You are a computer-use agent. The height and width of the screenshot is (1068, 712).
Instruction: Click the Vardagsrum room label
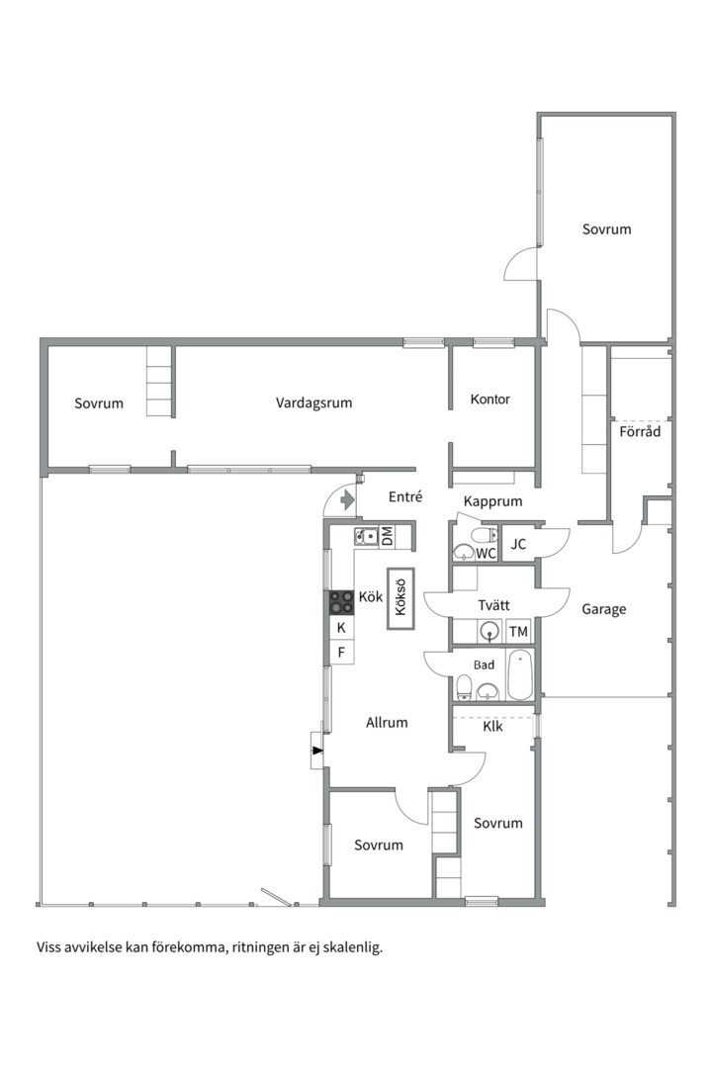314,402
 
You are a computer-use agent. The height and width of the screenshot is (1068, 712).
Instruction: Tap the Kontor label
489,400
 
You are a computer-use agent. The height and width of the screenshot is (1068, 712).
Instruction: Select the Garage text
603,609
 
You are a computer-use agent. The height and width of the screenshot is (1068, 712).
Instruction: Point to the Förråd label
640,431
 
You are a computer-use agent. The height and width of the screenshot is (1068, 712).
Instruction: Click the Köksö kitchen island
400,598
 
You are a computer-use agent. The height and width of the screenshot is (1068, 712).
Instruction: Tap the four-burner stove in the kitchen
341,603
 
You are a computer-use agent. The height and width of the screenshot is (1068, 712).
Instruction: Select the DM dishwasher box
387,536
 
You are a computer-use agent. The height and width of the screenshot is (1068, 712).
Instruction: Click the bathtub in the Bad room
520,675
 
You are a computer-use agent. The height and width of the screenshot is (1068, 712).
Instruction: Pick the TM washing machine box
518,631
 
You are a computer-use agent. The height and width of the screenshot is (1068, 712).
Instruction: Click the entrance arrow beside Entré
347,500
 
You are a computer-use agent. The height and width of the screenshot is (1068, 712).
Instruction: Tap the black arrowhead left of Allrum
316,750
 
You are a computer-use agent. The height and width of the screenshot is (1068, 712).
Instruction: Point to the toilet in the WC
486,534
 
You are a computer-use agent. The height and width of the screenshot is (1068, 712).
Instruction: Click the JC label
518,544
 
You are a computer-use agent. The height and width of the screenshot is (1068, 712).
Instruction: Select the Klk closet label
492,727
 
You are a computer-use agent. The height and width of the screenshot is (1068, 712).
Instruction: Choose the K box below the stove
341,627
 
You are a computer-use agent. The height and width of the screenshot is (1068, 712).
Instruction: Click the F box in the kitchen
341,652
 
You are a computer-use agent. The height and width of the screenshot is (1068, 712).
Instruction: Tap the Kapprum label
492,501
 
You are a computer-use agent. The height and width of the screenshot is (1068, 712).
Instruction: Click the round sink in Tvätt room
489,631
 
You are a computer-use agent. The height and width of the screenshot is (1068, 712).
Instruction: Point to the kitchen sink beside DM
366,537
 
